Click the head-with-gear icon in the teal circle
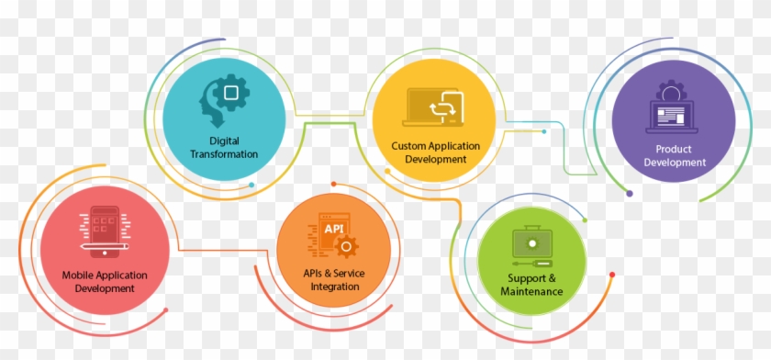coord(223,99)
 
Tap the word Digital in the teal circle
coord(224,141)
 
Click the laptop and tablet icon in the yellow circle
coord(434,107)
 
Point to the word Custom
coord(409,145)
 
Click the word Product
coord(674,150)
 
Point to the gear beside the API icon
coord(345,246)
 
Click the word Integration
coord(334,287)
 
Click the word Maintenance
coord(531,291)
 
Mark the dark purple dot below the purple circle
coord(629,193)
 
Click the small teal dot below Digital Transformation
coord(251,185)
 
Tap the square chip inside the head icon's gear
coord(231,93)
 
